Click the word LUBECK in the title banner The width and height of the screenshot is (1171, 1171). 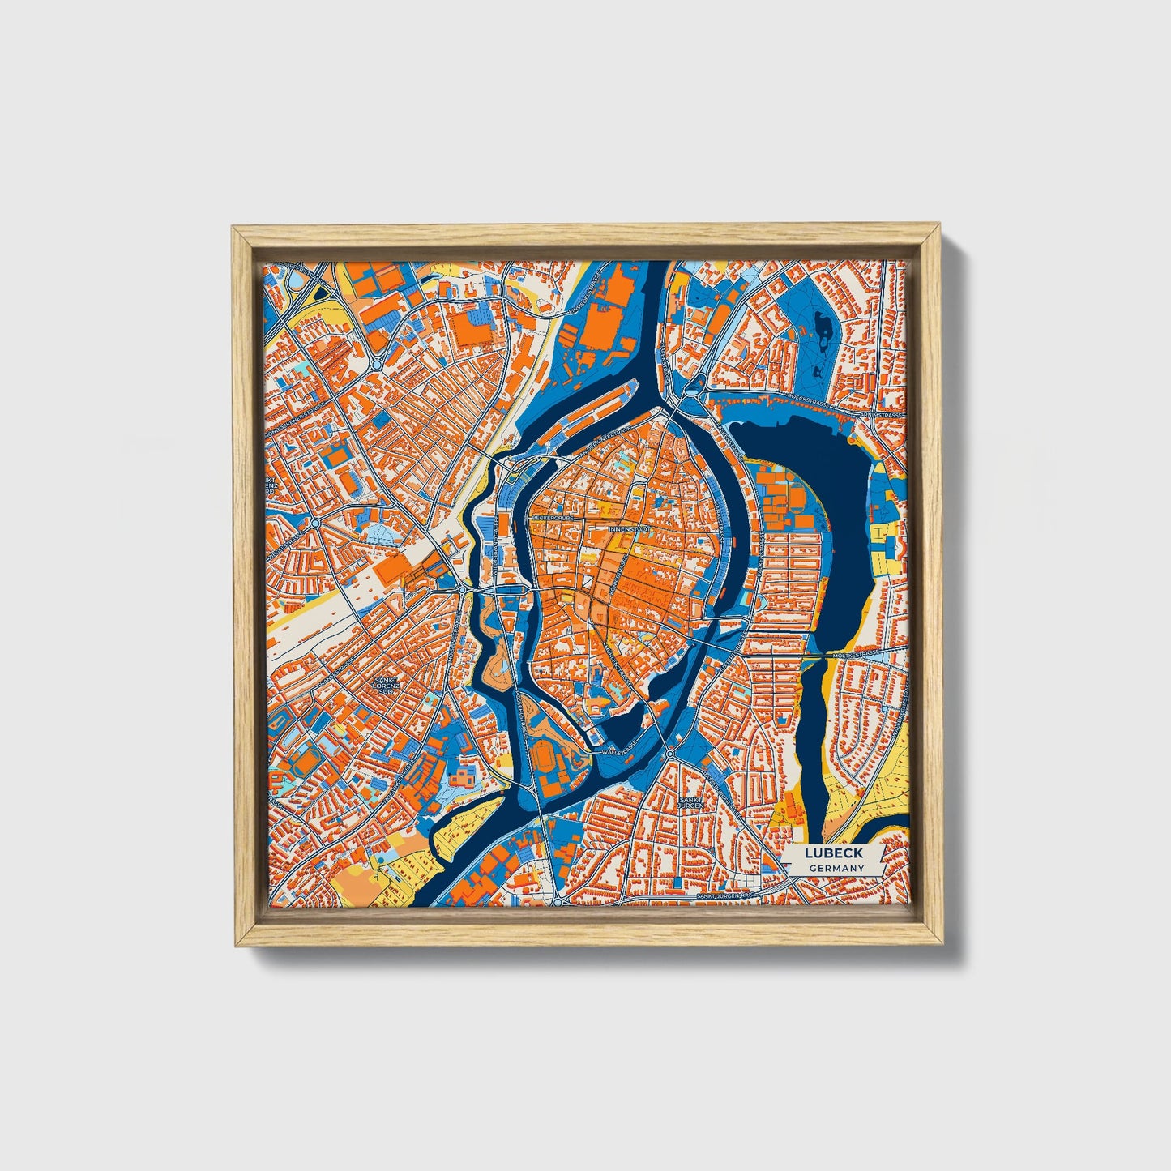click(834, 853)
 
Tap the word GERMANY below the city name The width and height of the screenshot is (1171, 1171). click(834, 868)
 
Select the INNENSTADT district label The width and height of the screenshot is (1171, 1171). click(630, 528)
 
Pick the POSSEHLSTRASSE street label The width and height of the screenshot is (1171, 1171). click(523, 713)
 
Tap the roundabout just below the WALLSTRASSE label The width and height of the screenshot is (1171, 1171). click(669, 754)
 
